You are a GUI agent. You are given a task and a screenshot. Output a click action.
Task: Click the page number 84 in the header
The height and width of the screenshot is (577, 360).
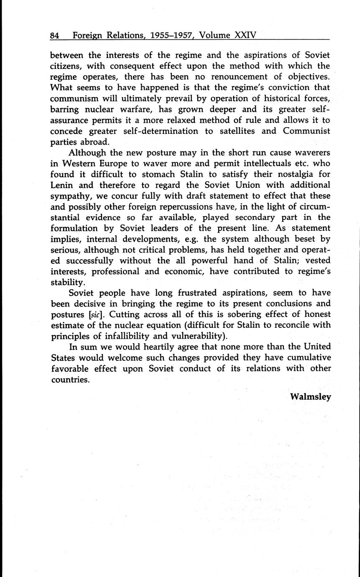pyautogui.click(x=55, y=36)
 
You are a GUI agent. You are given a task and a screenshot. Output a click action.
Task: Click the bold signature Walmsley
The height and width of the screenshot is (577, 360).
pyautogui.click(x=310, y=396)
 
